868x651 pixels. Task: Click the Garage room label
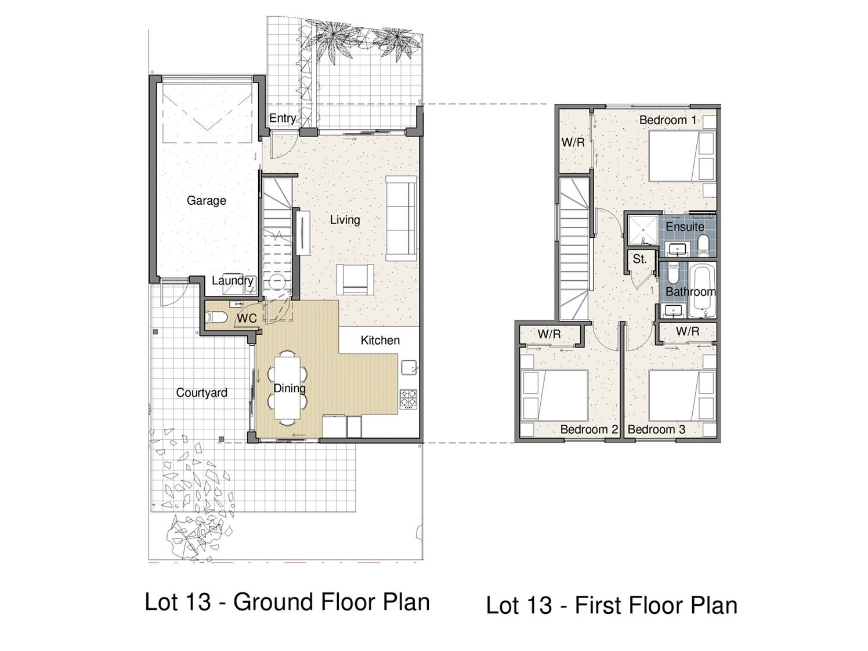[x=207, y=201]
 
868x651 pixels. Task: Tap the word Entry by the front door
[x=283, y=118]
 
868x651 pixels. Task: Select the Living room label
[x=345, y=220]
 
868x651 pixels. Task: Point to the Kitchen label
[x=380, y=340]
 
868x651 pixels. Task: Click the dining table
[x=287, y=388]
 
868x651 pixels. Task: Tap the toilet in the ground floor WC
[x=216, y=317]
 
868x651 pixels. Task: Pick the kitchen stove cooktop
[x=408, y=399]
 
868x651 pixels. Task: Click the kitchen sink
[x=409, y=367]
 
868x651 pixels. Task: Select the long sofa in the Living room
[x=401, y=219]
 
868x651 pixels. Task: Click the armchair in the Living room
[x=355, y=280]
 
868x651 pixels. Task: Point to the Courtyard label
[x=202, y=392]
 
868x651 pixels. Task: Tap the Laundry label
[x=232, y=281]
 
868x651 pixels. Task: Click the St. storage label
[x=639, y=259]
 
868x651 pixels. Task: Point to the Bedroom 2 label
[x=589, y=429]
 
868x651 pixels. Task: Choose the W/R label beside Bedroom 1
[x=573, y=142]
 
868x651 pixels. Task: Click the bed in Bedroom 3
[x=682, y=395]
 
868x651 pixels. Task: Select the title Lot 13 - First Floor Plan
[x=612, y=605]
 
